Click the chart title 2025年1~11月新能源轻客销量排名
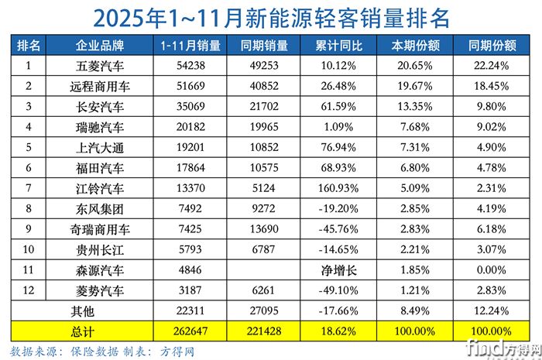pos(271,16)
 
